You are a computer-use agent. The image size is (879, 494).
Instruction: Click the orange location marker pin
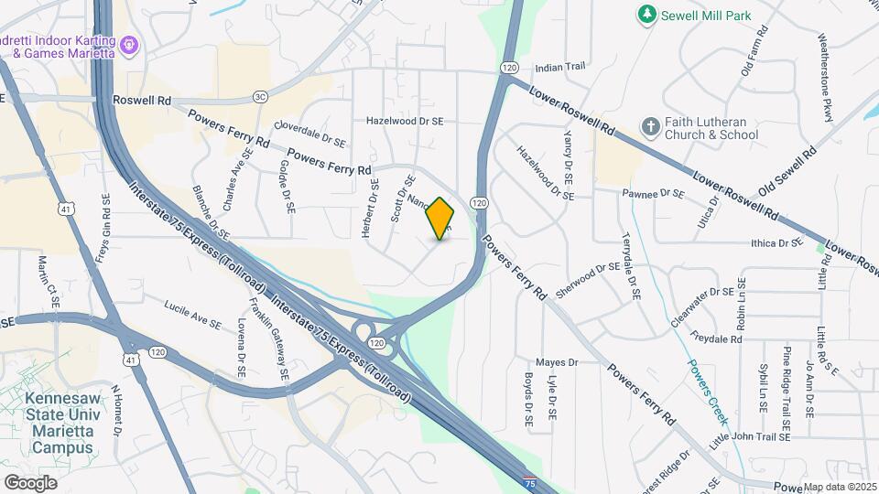coord(440,219)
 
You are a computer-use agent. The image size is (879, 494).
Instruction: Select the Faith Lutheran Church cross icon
coord(650,127)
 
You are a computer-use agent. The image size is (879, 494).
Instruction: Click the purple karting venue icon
coord(129,42)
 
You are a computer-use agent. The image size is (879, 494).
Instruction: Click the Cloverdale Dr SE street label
coord(310,135)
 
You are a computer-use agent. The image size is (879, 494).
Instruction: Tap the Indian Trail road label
coord(559,68)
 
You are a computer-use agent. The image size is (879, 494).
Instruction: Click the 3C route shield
coord(261,96)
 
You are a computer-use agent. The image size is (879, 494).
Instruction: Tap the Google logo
coord(30,481)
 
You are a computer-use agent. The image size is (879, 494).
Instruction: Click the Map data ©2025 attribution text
coord(841,487)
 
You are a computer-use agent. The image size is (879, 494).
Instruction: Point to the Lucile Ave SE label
coord(193,313)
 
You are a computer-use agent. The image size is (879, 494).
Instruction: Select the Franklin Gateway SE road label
coord(273,339)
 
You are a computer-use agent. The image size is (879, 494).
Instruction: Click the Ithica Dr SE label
coord(776,242)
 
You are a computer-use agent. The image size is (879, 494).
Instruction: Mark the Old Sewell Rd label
coord(786,173)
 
